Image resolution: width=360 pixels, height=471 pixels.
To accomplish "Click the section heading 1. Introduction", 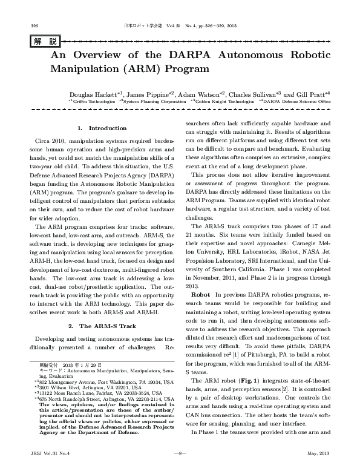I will click(x=102, y=128).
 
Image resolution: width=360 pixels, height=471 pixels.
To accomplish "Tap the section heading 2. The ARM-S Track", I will click(x=102, y=326).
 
